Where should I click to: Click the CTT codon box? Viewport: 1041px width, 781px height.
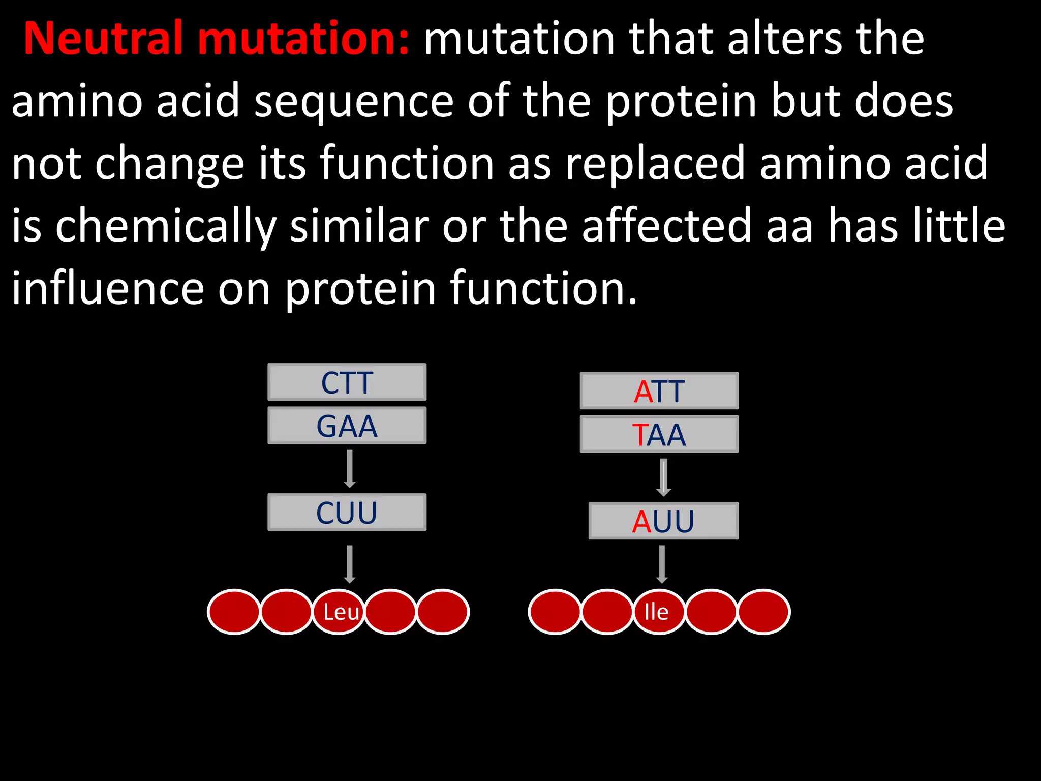tap(347, 382)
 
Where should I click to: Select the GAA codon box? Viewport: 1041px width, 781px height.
tap(347, 426)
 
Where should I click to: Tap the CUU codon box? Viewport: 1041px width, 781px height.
tap(347, 512)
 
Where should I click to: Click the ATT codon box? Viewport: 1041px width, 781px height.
tap(659, 391)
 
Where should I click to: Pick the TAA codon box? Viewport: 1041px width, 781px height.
tap(659, 434)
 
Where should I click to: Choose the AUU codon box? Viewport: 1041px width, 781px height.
tap(663, 521)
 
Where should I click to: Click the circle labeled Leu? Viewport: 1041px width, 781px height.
tap(339, 612)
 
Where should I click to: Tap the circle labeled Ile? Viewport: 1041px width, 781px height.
tap(659, 612)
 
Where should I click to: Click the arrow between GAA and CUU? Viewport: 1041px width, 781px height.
tap(350, 469)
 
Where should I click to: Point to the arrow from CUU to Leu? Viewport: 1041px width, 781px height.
tap(350, 564)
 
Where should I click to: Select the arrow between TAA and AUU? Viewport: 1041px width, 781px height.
tap(663, 477)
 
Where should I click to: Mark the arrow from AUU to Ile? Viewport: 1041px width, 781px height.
tap(662, 564)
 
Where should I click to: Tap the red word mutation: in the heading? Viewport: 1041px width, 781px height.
tap(303, 39)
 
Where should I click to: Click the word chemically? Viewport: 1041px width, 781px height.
tap(166, 226)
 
